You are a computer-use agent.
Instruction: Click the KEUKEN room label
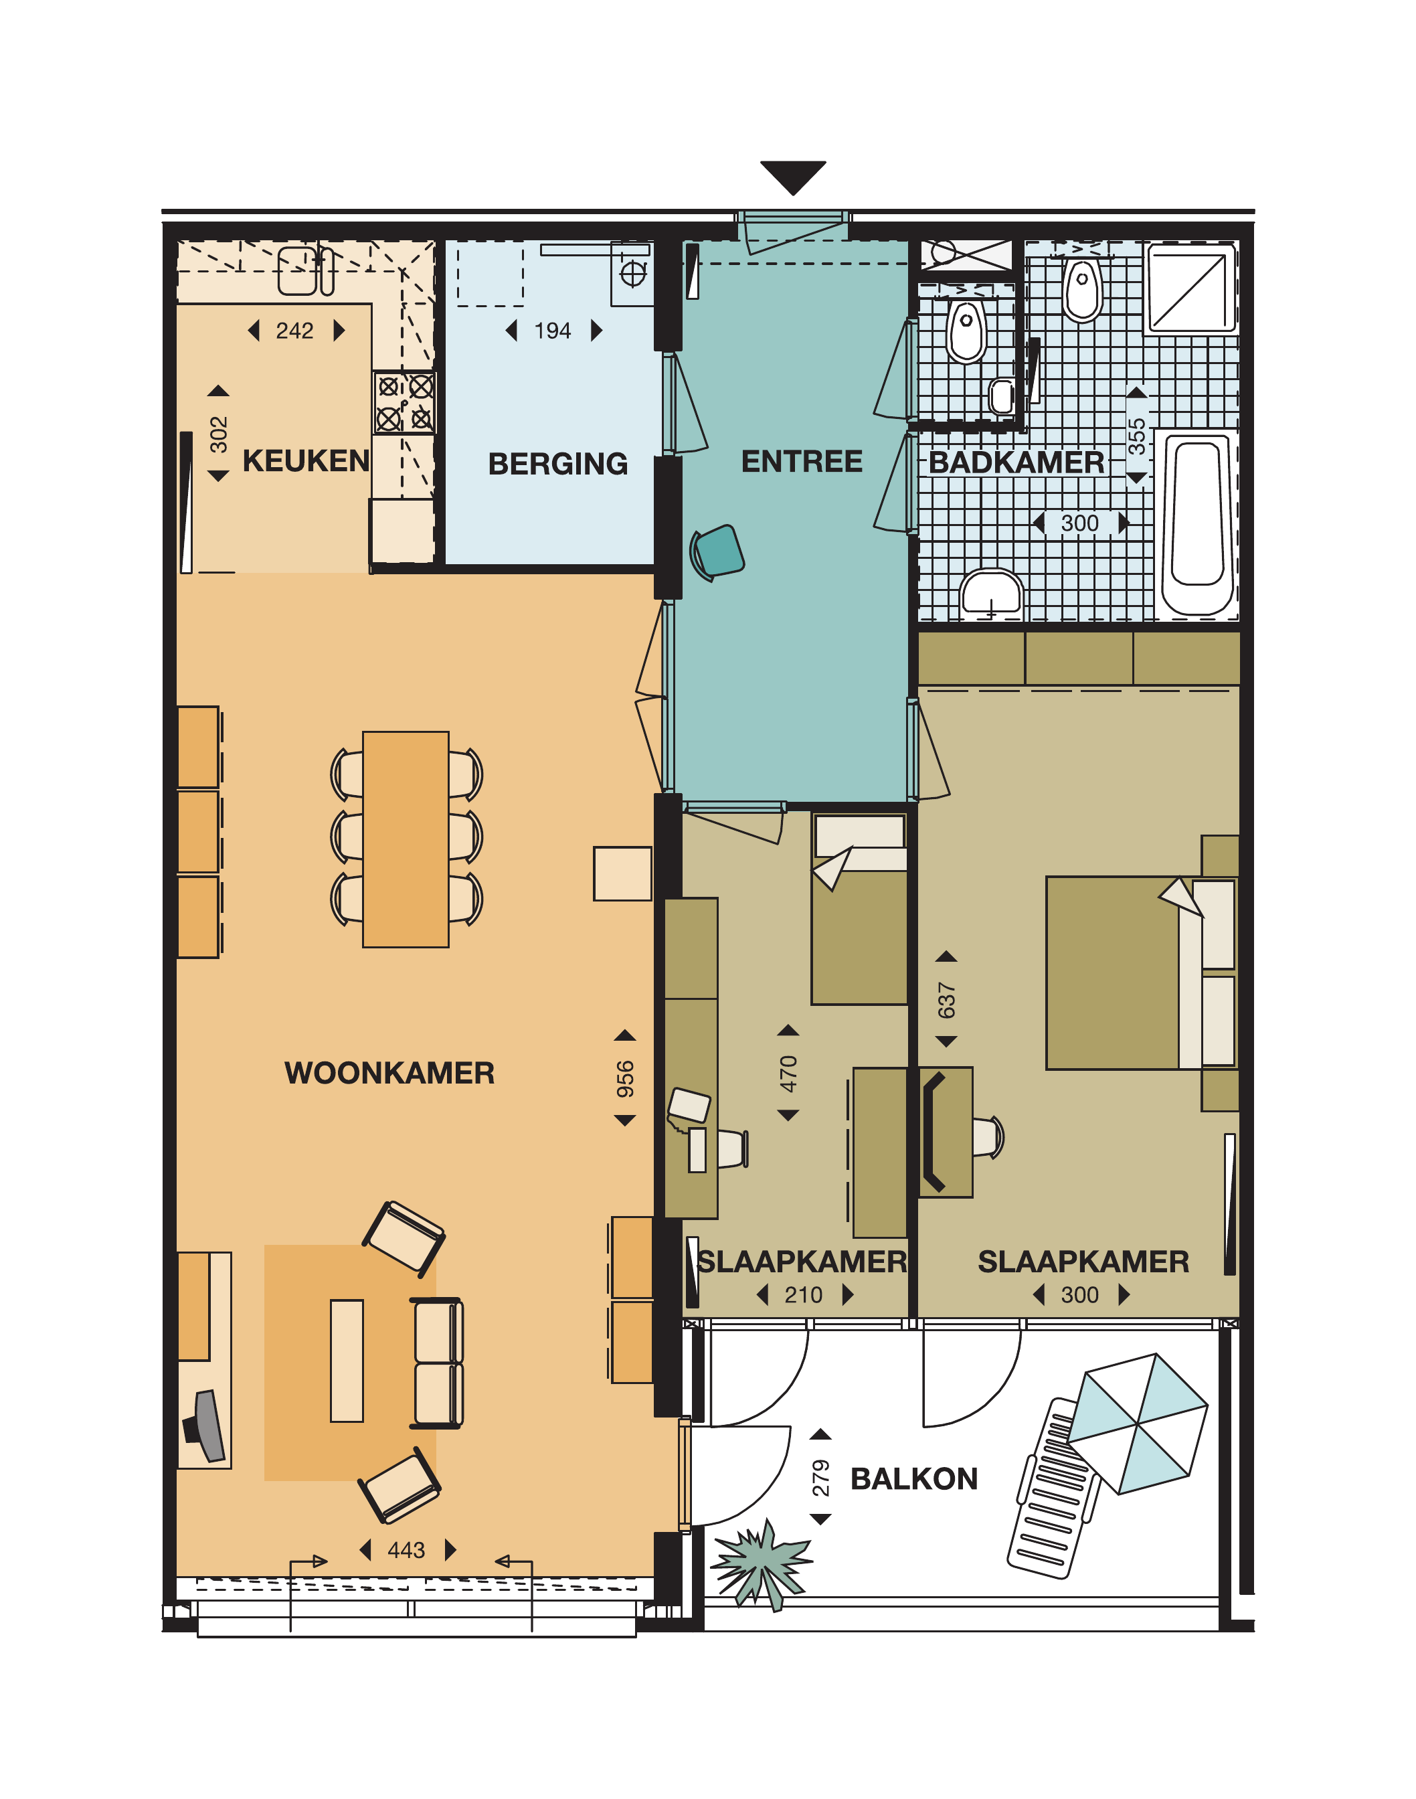tap(306, 461)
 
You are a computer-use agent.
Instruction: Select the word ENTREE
tap(802, 462)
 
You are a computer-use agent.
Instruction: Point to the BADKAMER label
tap(1016, 462)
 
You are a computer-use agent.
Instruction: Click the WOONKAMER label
tap(389, 1073)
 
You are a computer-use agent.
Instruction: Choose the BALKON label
tap(914, 1479)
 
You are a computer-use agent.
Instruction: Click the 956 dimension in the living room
tap(625, 1079)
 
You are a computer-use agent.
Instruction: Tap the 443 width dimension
tap(406, 1550)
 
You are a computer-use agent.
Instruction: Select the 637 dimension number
tap(947, 1000)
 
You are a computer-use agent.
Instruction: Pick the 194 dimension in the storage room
tap(553, 331)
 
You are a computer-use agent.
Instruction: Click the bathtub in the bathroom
tap(1198, 524)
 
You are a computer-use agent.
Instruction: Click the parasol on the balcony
tap(1138, 1424)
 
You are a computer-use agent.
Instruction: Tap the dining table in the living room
tap(406, 839)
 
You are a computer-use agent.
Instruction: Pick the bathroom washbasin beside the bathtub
tap(992, 594)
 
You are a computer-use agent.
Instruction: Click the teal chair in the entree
tap(718, 552)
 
